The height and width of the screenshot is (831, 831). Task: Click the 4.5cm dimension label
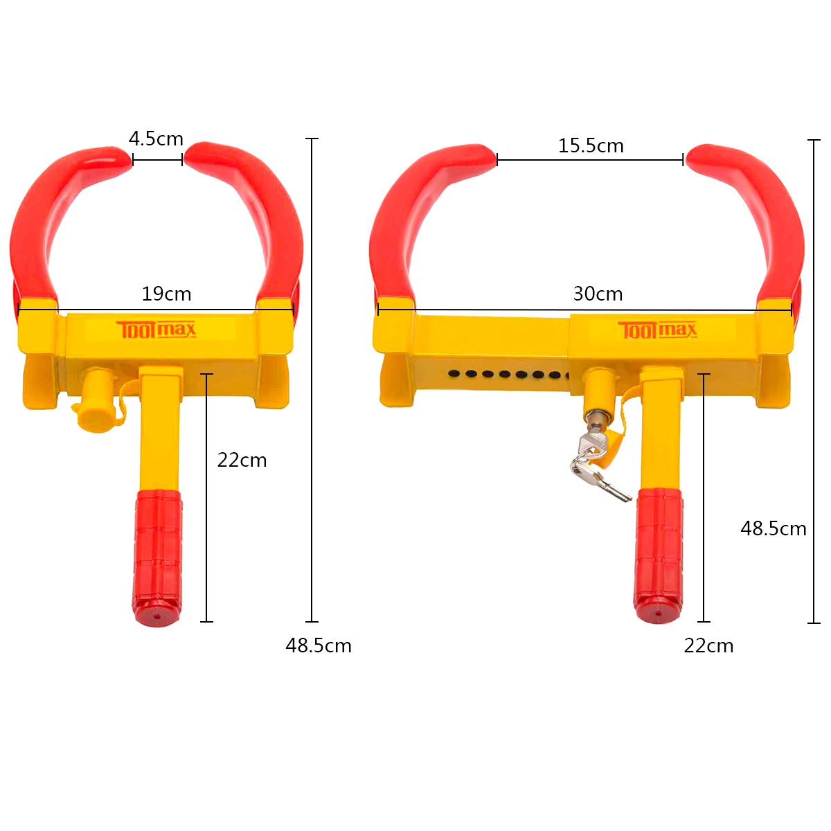click(156, 138)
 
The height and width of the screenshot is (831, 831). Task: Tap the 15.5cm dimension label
click(591, 145)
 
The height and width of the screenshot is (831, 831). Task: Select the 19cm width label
click(166, 294)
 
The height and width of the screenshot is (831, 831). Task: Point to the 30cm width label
click(598, 294)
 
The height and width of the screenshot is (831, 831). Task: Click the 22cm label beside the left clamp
click(242, 460)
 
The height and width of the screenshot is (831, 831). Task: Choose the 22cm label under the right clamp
click(708, 645)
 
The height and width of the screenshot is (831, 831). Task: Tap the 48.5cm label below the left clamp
click(319, 645)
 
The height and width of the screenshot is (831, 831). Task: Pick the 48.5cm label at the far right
click(774, 528)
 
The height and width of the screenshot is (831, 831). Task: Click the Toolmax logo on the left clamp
click(156, 330)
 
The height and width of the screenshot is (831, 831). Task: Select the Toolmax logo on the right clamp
click(657, 330)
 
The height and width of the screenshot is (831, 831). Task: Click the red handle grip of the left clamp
click(158, 554)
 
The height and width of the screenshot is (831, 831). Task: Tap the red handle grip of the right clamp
click(659, 554)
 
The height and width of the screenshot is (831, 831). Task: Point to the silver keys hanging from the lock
click(596, 471)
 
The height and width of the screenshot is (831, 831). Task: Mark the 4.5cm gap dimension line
click(157, 160)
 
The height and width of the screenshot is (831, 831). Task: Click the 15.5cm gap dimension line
click(590, 160)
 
